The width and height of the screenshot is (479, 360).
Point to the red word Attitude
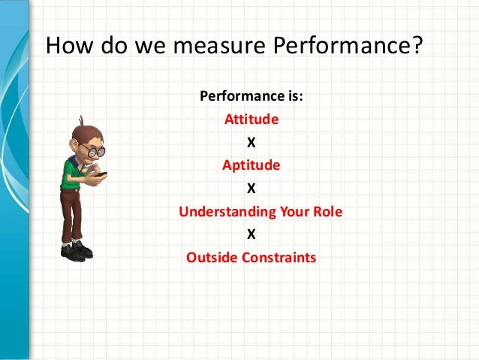point(252,119)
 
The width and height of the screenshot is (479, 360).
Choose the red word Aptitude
point(251,165)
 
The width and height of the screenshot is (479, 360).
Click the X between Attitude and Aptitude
point(251,143)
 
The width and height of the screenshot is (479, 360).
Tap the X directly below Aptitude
point(251,189)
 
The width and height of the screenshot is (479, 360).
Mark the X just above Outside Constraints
point(251,234)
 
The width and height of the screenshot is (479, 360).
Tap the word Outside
point(212,258)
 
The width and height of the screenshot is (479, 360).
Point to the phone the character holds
point(102,174)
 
